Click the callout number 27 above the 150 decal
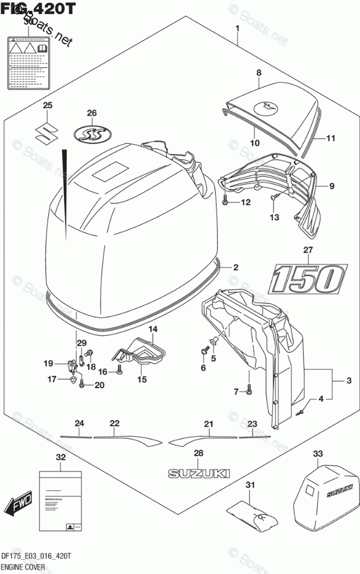(x=307, y=252)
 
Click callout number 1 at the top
(x=237, y=29)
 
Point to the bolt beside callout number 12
(x=225, y=202)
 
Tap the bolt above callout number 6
(x=204, y=351)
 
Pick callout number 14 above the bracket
(x=153, y=329)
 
